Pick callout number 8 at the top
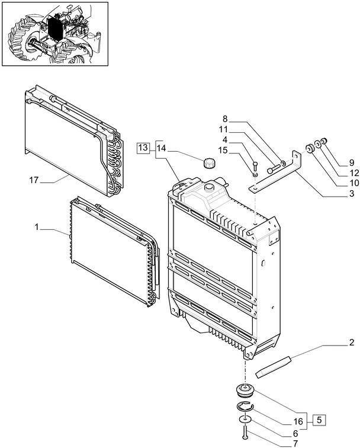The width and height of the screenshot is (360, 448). click(226, 119)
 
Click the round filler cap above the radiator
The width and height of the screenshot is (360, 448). click(208, 163)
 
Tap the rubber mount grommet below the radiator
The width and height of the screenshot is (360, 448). click(243, 391)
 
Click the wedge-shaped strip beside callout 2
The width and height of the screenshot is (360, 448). click(274, 366)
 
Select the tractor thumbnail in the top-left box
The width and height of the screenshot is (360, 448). click(55, 33)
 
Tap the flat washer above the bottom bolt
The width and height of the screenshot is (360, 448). click(244, 420)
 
